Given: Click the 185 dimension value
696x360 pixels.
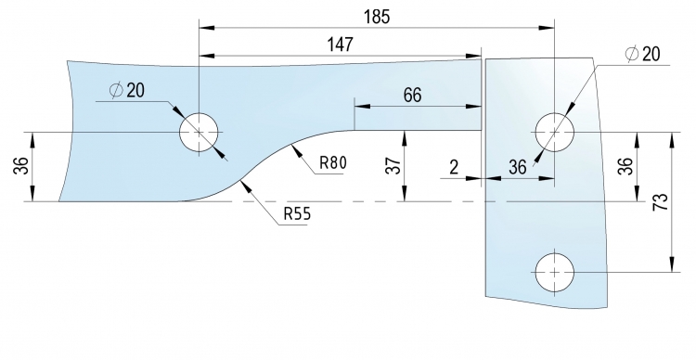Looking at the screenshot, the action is (377, 17).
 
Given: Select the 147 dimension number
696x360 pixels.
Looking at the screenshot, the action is (341, 45).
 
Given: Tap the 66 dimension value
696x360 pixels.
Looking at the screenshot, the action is (413, 95).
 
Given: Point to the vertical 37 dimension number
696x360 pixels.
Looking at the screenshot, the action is (394, 165).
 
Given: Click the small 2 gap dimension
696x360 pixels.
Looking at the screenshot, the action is (453, 167).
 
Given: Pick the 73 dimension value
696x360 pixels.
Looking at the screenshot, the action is (661, 202).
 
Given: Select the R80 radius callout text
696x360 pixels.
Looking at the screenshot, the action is (333, 163).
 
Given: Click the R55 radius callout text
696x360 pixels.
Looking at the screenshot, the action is (297, 214).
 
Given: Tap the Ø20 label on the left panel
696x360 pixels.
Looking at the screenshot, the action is (127, 90).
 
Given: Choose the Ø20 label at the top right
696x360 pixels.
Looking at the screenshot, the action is (642, 54).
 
